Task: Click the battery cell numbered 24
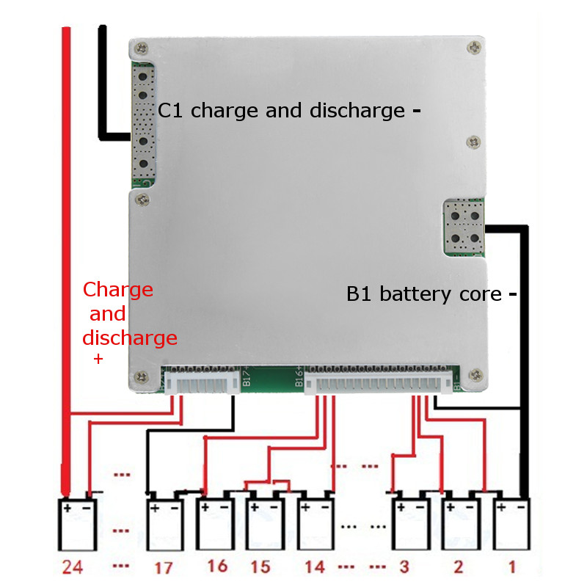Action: click(77, 525)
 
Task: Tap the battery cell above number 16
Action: click(214, 525)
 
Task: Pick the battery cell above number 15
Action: click(263, 525)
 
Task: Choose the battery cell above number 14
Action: click(316, 525)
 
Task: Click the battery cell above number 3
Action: click(409, 525)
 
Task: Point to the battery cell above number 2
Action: click(461, 525)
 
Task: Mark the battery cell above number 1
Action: click(511, 525)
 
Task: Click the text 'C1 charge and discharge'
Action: click(282, 111)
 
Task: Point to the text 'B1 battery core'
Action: click(424, 294)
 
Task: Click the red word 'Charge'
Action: click(118, 289)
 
